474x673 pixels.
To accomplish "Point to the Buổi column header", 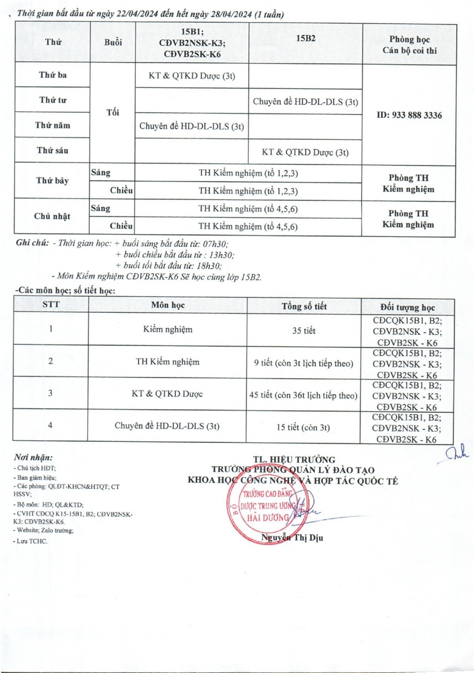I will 113,42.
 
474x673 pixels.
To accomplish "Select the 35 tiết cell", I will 304,331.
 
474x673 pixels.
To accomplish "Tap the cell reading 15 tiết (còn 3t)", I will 304,427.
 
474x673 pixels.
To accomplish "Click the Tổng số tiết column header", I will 304,306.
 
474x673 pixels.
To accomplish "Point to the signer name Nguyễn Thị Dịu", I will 292,538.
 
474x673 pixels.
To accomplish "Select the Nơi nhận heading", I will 32,458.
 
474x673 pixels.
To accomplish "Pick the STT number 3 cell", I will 51,394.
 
